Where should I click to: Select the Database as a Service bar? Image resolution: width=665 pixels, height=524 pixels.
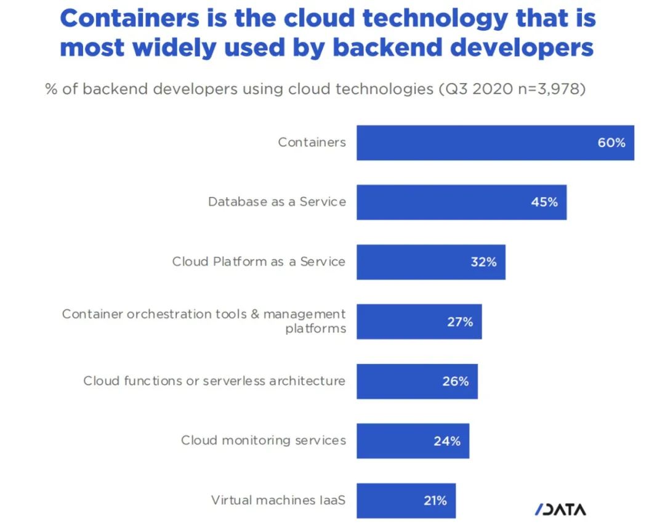(x=443, y=202)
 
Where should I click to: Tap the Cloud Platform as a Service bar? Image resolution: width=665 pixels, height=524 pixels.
(x=413, y=262)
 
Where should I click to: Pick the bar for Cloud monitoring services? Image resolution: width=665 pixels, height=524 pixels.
(x=400, y=441)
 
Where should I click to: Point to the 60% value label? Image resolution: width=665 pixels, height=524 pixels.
(x=611, y=143)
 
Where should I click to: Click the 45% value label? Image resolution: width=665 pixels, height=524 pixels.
(x=544, y=202)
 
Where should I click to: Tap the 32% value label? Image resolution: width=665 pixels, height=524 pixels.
(x=483, y=262)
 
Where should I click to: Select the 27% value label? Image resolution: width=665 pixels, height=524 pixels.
(x=460, y=321)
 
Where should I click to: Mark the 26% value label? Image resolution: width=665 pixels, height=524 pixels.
(x=456, y=381)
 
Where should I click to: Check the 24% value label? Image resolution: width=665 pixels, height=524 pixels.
(x=447, y=441)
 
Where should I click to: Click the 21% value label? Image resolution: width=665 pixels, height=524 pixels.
(x=435, y=501)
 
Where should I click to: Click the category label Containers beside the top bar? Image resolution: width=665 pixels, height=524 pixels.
(x=312, y=142)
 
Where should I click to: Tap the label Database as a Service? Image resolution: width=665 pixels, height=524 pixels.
(x=276, y=201)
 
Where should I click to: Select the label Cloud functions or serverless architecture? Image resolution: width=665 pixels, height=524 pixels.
(x=214, y=381)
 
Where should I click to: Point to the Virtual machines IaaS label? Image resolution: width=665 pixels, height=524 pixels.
(x=278, y=500)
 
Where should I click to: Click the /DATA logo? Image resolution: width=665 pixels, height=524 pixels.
(x=560, y=509)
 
